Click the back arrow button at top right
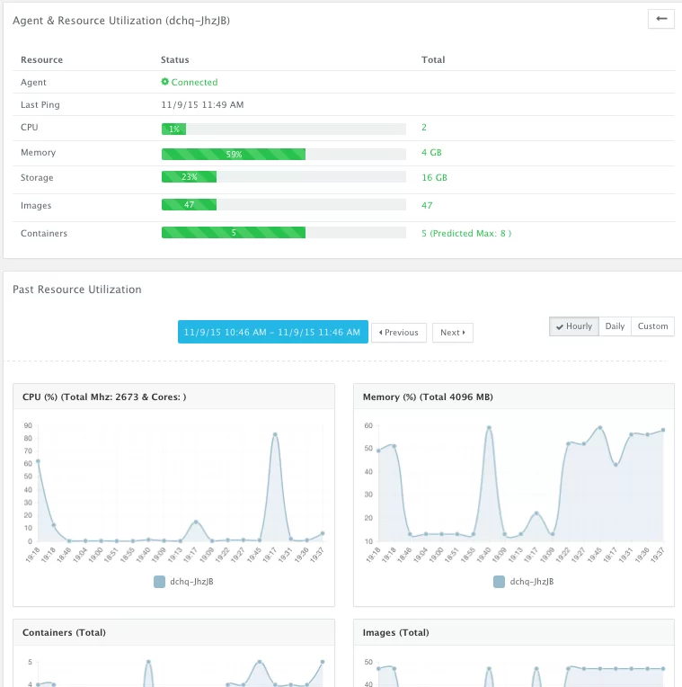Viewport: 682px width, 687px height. tap(661, 19)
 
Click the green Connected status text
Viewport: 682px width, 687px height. tap(194, 82)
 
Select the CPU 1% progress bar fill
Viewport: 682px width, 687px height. tap(173, 129)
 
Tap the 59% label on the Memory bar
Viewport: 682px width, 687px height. tap(234, 155)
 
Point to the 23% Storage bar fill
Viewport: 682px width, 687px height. tap(189, 176)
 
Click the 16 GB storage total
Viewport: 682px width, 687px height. tap(434, 177)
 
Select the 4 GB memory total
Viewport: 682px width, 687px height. tap(431, 153)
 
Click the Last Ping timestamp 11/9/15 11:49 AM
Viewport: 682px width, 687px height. tap(202, 104)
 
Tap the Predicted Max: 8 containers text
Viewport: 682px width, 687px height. tap(471, 233)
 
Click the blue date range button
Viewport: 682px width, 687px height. tap(273, 332)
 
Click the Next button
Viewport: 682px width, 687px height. tap(453, 333)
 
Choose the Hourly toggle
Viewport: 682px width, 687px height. tap(574, 326)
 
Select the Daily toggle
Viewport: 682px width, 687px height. tap(615, 326)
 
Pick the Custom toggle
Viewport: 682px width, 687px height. tap(652, 326)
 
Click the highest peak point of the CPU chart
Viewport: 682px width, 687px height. tap(275, 434)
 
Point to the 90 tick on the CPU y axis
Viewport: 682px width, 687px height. tap(28, 425)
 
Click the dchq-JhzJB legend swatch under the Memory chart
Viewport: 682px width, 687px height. tap(499, 582)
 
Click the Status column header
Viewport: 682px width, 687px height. tap(174, 59)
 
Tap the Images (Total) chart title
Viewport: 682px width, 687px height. tap(395, 632)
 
